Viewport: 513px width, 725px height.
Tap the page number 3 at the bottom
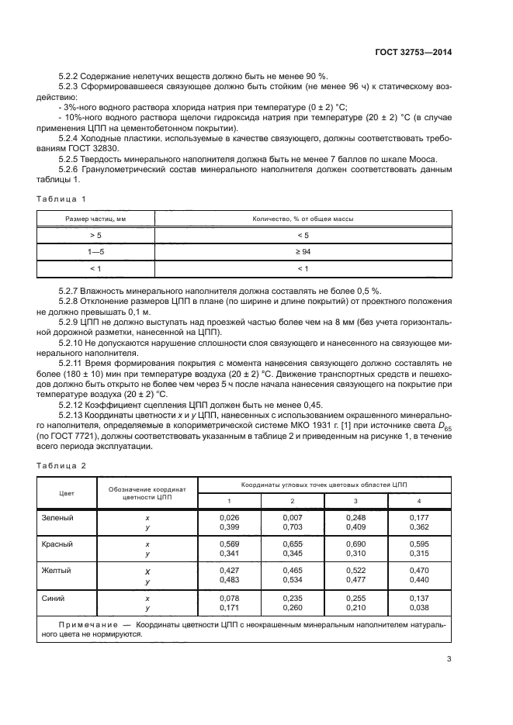(x=449, y=660)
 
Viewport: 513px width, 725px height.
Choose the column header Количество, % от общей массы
(x=303, y=219)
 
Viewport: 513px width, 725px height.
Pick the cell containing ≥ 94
(x=303, y=252)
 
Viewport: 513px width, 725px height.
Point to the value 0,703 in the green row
(x=293, y=526)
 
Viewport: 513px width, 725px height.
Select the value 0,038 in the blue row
(x=418, y=608)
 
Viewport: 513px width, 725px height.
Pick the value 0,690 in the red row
(x=355, y=544)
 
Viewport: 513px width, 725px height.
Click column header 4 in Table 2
(x=418, y=502)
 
